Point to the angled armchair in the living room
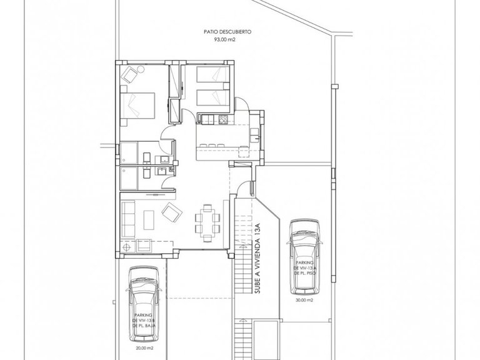click(x=169, y=214)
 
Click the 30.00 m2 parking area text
click(x=306, y=299)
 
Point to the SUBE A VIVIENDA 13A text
click(x=256, y=256)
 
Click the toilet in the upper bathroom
click(x=146, y=156)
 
